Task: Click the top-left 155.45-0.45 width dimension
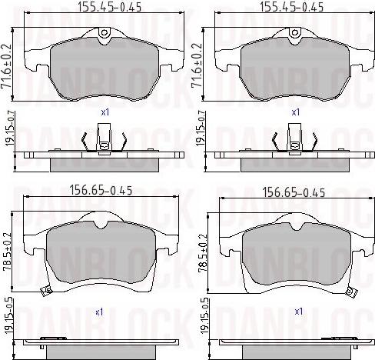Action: click(109, 7)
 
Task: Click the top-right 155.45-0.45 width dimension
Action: click(292, 7)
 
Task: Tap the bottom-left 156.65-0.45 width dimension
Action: click(101, 191)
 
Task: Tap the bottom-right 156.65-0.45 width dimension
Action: click(294, 192)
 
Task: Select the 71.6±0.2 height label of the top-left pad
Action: click(7, 66)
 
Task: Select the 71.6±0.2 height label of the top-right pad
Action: click(197, 66)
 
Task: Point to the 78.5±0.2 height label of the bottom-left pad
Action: click(8, 252)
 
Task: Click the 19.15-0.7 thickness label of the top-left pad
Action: click(11, 128)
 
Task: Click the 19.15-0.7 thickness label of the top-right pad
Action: click(201, 128)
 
